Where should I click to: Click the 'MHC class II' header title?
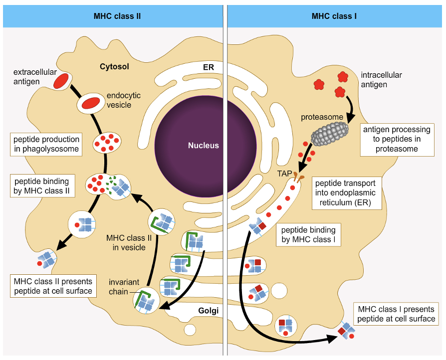[117, 16]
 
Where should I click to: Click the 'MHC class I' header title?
[334, 16]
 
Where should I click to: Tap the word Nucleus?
[203, 146]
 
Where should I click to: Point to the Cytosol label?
[115, 66]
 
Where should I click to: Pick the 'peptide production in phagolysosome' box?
[46, 145]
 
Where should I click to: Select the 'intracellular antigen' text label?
[381, 80]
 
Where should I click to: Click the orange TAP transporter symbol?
[298, 177]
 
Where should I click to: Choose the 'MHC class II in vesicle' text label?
[129, 242]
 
